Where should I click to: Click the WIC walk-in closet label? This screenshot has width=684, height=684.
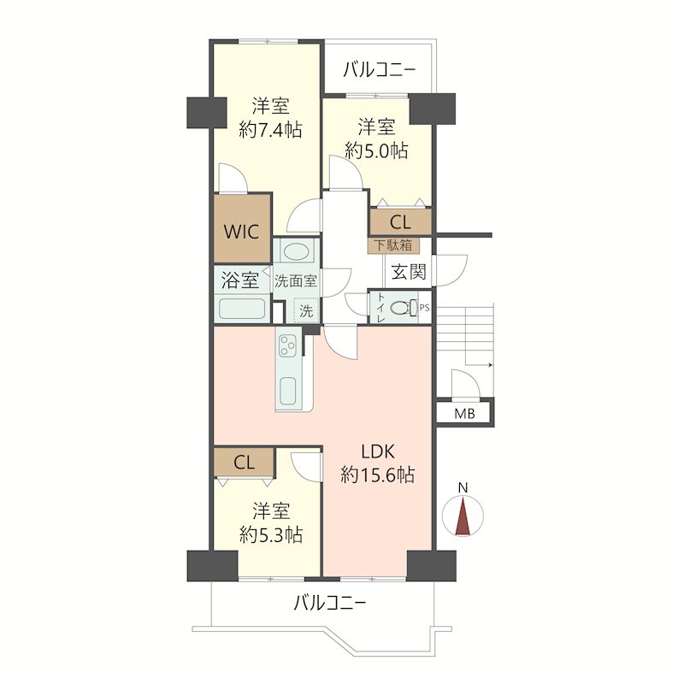tap(242, 232)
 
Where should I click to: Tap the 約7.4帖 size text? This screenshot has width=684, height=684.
tap(270, 130)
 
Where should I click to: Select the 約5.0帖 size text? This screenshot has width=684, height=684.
tap(376, 150)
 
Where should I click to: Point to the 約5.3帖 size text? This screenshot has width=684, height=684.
tap(271, 534)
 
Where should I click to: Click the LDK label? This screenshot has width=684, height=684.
tap(378, 452)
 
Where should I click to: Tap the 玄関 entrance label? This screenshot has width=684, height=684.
tap(409, 272)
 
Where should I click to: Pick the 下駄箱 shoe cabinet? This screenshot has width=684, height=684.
tap(394, 245)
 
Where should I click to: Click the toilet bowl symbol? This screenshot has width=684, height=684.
tap(404, 308)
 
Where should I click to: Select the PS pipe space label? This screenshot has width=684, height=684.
tap(424, 308)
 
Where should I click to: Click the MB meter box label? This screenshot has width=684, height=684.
tap(464, 413)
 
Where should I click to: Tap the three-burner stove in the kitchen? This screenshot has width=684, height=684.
tap(287, 345)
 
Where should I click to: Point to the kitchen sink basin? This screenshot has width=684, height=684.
tap(287, 391)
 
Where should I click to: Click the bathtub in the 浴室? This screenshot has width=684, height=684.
tap(242, 309)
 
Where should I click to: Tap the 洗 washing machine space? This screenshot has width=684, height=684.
tap(306, 310)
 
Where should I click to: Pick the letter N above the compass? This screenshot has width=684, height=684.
tap(463, 487)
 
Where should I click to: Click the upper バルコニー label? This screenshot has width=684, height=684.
tap(379, 70)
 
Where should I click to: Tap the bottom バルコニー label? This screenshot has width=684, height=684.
tap(329, 604)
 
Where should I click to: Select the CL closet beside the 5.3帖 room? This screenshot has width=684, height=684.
tap(244, 463)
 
